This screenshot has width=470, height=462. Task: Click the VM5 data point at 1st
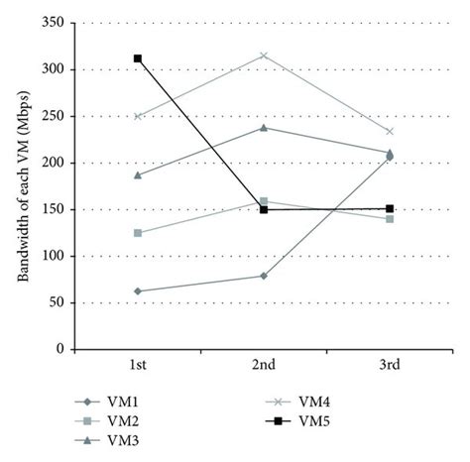138,58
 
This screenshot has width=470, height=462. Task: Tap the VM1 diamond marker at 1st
138,291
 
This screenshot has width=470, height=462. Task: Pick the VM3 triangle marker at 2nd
264,127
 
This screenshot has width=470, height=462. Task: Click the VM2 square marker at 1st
138,233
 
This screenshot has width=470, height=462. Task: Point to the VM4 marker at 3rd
390,131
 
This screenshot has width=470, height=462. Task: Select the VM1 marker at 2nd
264,276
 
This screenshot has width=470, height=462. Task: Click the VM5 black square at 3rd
390,209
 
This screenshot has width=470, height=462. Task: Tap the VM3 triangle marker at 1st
138,174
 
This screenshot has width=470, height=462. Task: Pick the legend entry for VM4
306,401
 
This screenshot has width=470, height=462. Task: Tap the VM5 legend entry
306,420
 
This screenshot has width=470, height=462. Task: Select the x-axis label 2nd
264,366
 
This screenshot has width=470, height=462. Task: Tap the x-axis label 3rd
390,366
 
